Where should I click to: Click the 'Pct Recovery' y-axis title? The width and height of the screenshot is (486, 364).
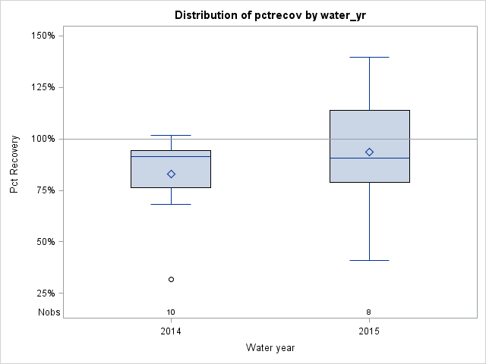tap(14, 165)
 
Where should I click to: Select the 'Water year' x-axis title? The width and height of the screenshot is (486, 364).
tap(270, 347)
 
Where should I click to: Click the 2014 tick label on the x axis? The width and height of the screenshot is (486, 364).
tap(171, 331)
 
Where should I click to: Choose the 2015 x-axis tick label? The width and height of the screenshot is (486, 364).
tap(369, 331)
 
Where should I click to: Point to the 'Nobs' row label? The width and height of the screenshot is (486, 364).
tap(49, 312)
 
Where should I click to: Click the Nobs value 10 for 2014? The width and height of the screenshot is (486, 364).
tap(171, 312)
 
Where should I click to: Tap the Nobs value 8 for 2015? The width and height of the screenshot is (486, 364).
tap(369, 312)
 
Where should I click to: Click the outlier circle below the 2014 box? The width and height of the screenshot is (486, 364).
tap(171, 279)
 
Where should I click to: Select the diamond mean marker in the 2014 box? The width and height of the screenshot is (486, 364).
tap(171, 174)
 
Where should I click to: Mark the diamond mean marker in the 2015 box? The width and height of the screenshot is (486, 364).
tap(369, 152)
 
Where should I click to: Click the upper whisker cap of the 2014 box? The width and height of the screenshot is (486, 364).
tap(171, 135)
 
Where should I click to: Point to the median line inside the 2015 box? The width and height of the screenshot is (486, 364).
tap(369, 158)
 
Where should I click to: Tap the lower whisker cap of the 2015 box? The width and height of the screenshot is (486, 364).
tap(369, 260)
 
